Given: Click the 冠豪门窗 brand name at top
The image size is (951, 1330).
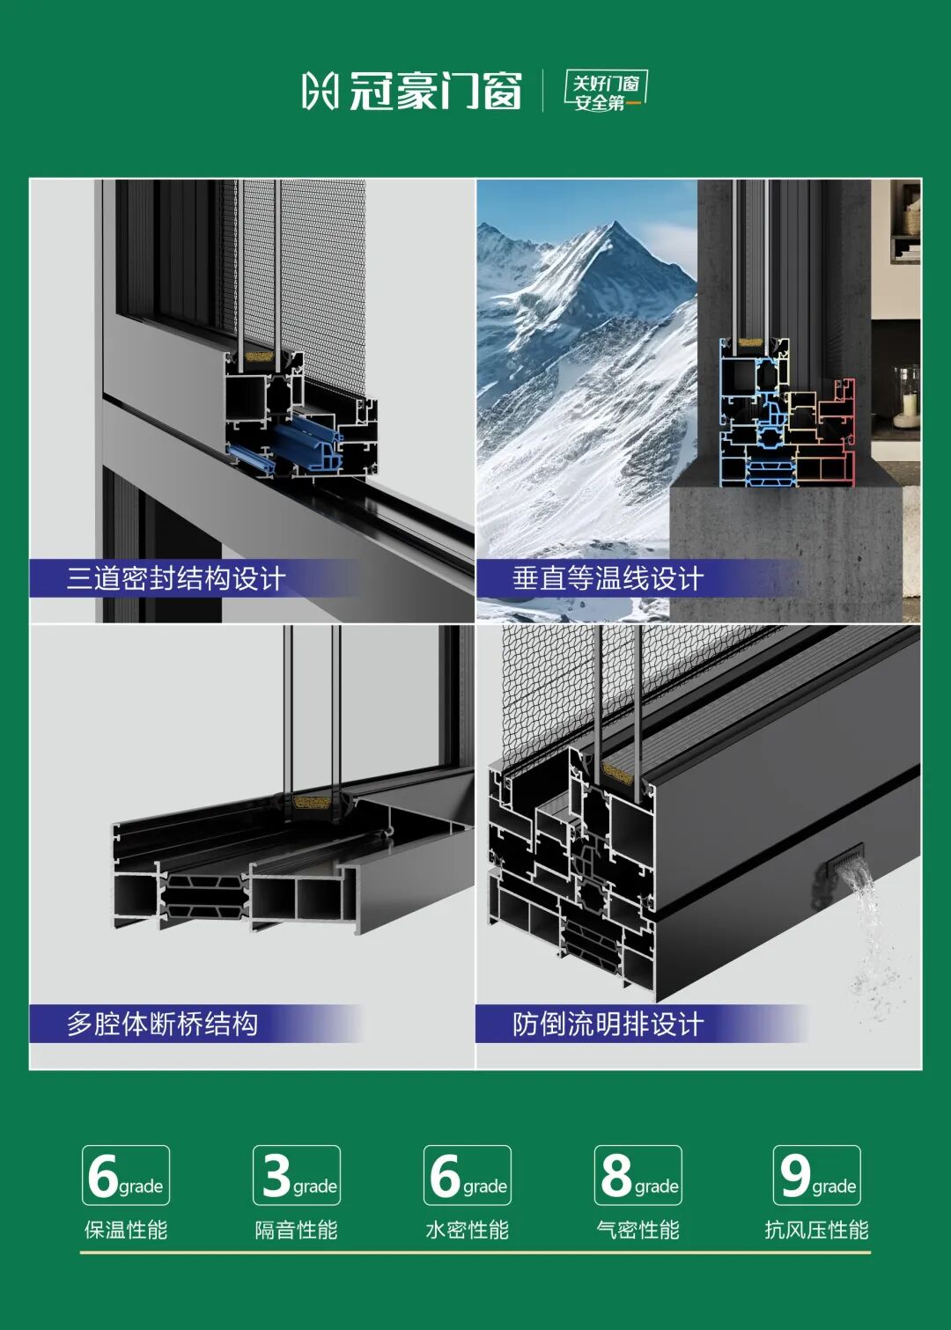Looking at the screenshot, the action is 435,91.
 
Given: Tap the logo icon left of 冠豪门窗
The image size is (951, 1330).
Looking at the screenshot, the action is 320,91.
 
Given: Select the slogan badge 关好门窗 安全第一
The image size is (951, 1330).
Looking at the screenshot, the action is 605,91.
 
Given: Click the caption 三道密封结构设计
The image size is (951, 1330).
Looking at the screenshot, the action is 176,577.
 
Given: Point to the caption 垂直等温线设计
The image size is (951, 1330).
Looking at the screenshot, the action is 608,577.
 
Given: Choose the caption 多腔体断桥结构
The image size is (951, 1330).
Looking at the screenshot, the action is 162,1023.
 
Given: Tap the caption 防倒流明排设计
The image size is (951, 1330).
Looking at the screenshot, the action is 608,1023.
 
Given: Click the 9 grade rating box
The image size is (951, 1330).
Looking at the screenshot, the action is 817,1175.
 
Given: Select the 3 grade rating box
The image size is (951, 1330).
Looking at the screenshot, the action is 297,1175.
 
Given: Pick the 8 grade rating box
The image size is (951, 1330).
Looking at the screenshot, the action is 638,1175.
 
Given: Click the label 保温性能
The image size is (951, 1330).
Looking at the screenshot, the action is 126,1230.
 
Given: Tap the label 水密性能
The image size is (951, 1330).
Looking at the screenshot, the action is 468,1230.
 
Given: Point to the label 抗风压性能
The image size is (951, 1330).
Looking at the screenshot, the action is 817,1230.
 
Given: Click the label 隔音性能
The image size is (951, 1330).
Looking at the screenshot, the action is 297,1230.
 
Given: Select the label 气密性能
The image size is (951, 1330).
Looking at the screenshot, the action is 638,1230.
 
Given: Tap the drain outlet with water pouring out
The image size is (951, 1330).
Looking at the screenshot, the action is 841,859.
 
